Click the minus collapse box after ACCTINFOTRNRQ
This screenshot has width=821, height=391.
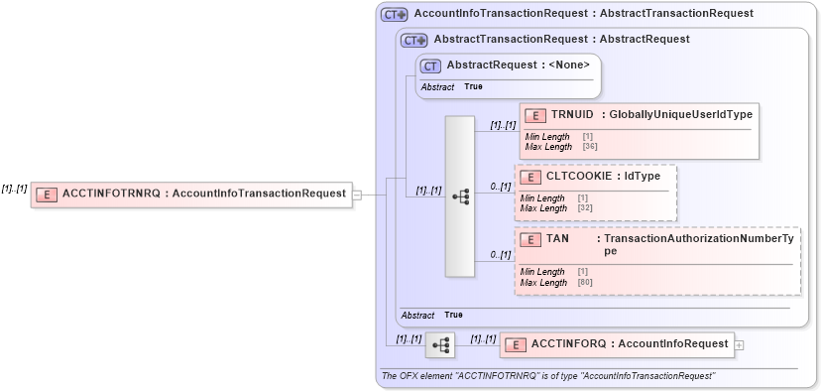[x=357, y=195]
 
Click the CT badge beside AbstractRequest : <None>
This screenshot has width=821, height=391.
[x=430, y=66]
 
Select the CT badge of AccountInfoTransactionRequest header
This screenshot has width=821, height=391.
[x=394, y=15]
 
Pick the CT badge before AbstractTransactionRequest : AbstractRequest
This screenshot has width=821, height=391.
[x=413, y=41]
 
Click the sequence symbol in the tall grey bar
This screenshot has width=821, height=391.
[x=460, y=196]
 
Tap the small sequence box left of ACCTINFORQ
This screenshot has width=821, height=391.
[x=440, y=345]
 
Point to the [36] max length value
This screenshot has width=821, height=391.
[x=590, y=147]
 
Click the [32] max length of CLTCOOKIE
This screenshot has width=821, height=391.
[x=585, y=207]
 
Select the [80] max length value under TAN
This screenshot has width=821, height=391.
[x=585, y=283]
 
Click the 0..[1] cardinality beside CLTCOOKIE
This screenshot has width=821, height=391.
[x=500, y=186]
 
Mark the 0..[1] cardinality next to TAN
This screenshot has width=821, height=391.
[x=500, y=255]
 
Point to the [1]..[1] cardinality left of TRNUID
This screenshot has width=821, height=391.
[x=503, y=125]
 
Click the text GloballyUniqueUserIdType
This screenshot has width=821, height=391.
[x=681, y=115]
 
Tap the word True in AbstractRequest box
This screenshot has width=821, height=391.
[x=473, y=87]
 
